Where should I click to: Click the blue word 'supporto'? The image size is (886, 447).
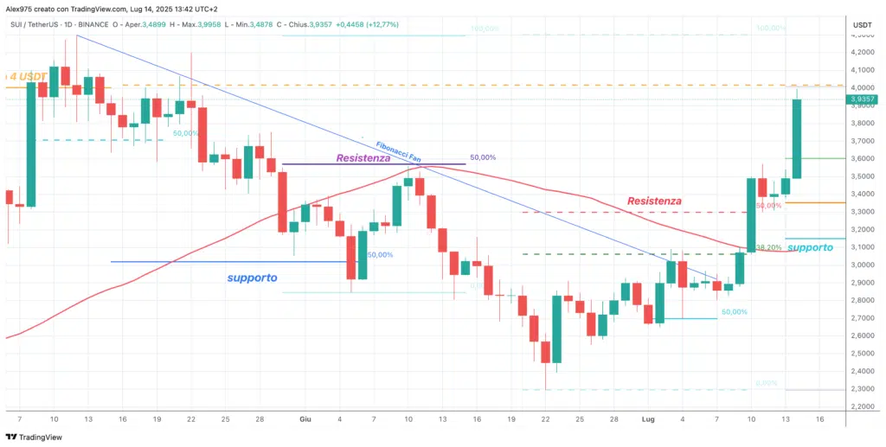(x=252, y=278)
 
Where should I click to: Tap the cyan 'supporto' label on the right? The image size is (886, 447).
(x=811, y=247)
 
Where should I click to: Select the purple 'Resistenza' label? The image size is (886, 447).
(x=363, y=158)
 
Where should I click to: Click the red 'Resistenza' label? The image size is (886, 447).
(x=653, y=201)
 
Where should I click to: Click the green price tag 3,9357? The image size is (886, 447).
(x=862, y=99)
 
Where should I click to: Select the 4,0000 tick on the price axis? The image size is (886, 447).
(x=862, y=87)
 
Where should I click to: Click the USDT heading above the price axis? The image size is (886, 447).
(x=862, y=25)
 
